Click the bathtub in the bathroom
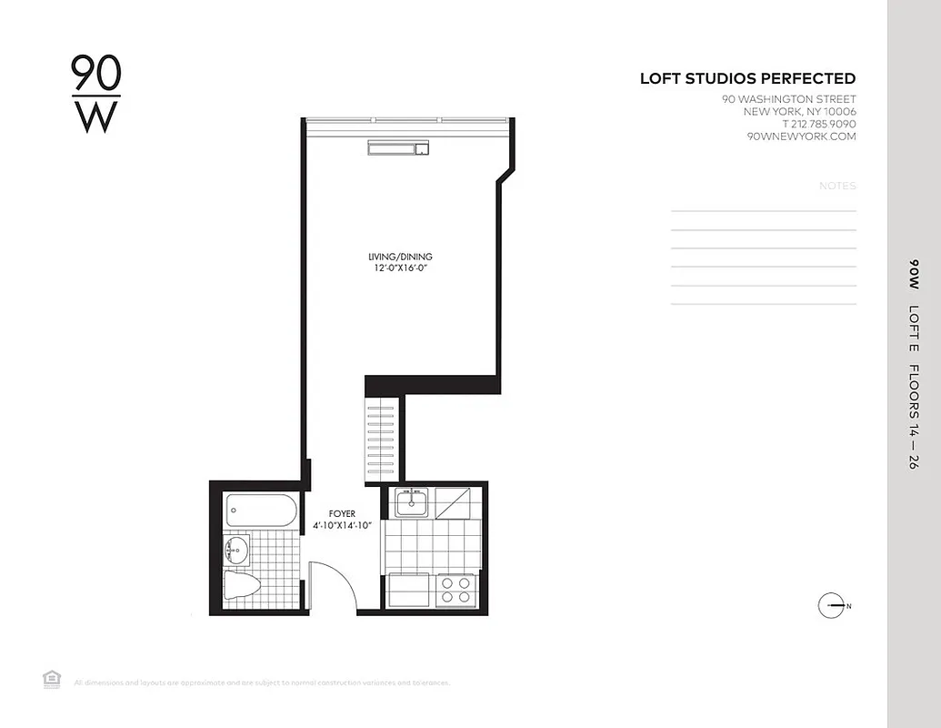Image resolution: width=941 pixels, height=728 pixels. (x=261, y=510)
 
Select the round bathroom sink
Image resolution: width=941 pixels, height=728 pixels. (x=236, y=550)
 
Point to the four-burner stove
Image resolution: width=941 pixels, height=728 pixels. (x=455, y=591)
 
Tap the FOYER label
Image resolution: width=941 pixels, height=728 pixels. (x=342, y=514)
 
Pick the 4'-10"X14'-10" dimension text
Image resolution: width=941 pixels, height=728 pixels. (x=342, y=526)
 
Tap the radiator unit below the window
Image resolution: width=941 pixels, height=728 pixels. (x=398, y=147)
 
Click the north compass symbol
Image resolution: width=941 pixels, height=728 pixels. (x=832, y=605)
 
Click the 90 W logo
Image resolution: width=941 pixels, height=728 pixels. (x=96, y=94)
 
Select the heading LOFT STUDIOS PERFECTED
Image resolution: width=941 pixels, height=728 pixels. (x=747, y=79)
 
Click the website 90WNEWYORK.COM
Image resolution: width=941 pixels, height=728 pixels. (x=801, y=136)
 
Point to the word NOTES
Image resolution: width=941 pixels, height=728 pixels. (x=837, y=186)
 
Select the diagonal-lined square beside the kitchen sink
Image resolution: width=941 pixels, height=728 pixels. (x=453, y=501)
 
